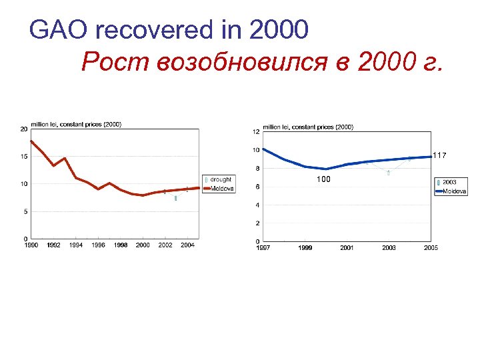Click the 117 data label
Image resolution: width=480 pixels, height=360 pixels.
439,155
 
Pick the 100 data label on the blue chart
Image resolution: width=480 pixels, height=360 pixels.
323,180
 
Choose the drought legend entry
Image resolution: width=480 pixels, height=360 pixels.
221,179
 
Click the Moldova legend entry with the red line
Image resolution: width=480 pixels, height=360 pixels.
222,189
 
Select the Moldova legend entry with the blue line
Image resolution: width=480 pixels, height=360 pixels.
455,191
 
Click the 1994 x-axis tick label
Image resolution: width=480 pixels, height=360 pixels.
76,245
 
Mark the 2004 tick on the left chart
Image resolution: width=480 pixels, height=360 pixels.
187,245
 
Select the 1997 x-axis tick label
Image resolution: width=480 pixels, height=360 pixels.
264,248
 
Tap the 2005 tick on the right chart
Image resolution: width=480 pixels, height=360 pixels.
430,248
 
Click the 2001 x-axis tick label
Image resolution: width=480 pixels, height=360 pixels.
347,248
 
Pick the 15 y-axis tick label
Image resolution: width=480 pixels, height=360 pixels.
23,157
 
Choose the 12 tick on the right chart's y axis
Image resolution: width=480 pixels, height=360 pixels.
256,131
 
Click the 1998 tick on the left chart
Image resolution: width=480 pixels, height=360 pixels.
121,245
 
